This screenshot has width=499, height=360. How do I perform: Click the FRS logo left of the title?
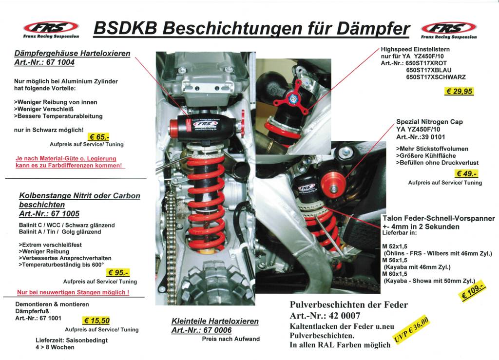[51, 30]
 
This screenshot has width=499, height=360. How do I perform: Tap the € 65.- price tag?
[98, 137]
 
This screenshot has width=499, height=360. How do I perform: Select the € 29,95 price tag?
[459, 91]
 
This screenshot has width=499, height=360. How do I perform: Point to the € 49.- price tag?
[466, 173]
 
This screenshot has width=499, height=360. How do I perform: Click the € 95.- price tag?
[118, 272]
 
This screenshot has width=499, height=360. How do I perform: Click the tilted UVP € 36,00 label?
[411, 330]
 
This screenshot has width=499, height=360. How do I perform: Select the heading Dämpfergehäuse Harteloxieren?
[72, 53]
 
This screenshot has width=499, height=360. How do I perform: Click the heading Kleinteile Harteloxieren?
[215, 321]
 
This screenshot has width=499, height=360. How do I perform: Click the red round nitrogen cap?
[333, 185]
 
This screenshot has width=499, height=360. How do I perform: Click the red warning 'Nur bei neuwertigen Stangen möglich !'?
[73, 292]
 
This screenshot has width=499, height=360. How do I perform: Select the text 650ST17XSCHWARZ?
[436, 77]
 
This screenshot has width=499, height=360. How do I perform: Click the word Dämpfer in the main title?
[373, 29]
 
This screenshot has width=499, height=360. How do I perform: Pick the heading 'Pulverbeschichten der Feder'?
[348, 304]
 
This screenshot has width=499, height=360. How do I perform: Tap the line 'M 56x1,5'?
[395, 260]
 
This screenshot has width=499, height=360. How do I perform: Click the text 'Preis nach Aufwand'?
[230, 339]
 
